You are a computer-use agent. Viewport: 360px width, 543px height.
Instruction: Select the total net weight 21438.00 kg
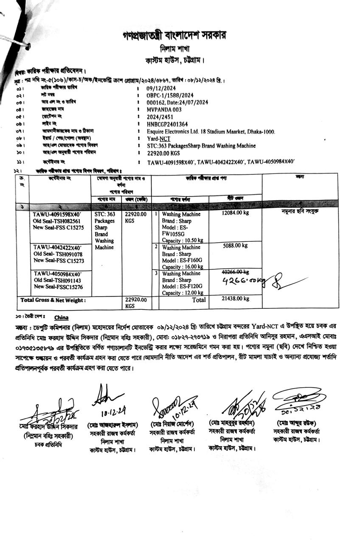coord(235,299)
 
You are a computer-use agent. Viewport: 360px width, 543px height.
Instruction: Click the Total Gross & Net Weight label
coord(53,300)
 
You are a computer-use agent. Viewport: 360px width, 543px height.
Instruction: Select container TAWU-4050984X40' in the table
coord(57,274)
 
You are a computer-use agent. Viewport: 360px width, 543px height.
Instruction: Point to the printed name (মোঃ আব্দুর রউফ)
coord(296,423)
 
